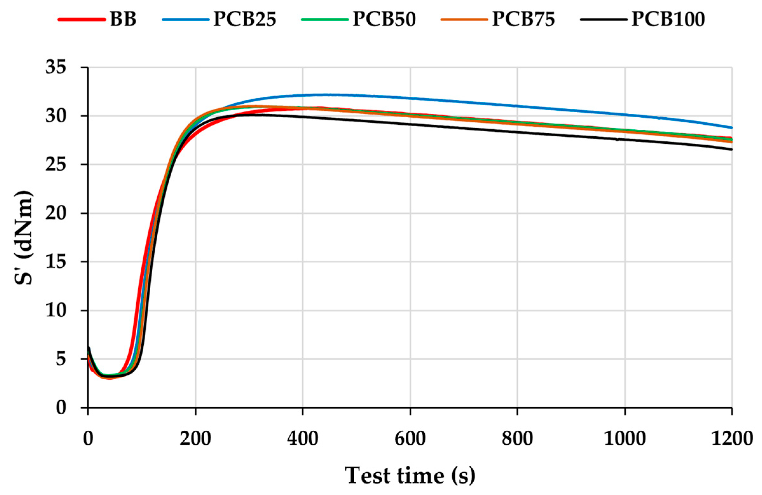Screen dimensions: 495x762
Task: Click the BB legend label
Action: click(123, 19)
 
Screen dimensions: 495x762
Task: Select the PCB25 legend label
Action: click(245, 19)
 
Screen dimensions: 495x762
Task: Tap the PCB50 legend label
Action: click(384, 19)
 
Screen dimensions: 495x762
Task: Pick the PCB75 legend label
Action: click(523, 19)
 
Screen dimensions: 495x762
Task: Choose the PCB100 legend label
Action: click(668, 19)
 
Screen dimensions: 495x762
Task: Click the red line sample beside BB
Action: click(82, 19)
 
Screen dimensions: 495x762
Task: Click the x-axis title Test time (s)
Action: click(410, 475)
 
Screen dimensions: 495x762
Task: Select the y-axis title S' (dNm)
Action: click(24, 238)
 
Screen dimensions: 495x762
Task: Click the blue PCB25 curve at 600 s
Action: click(410, 98)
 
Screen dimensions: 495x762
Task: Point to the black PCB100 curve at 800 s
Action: click(517, 132)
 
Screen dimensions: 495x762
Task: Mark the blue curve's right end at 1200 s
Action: click(731, 127)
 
